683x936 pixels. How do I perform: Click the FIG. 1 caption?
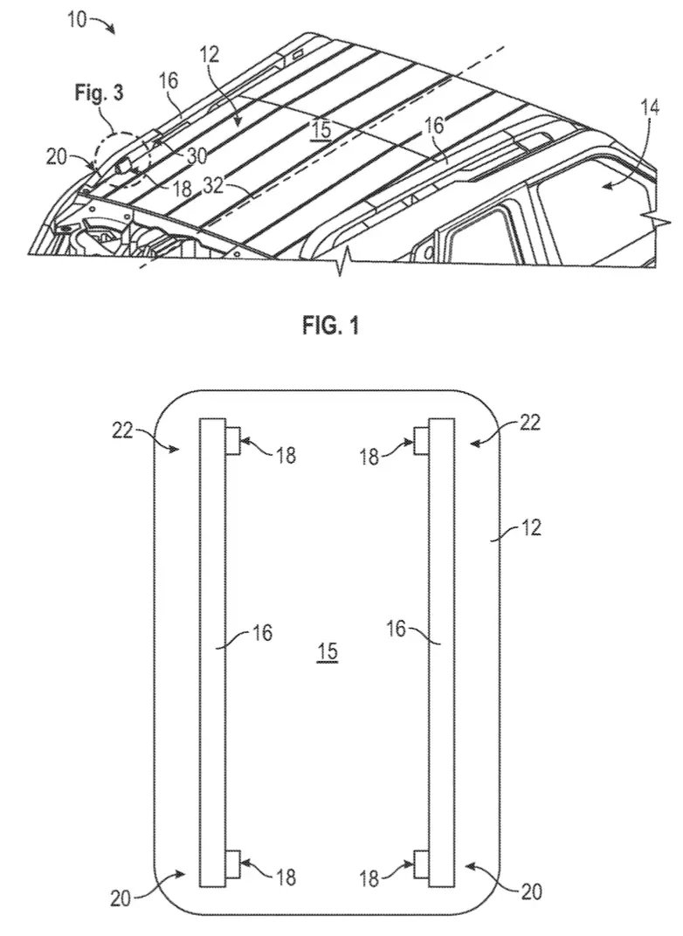pos(330,326)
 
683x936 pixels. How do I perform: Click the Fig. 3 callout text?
pos(99,93)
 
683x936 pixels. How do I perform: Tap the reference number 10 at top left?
pos(77,20)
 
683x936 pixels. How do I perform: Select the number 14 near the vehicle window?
pos(650,108)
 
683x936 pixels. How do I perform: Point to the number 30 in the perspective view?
pos(197,155)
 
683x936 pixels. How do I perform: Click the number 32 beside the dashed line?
pos(212,186)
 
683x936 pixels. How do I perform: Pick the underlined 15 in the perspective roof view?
pos(321,129)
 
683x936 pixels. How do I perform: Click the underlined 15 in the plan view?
pos(328,652)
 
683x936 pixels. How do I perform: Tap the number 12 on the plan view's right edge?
pos(531,527)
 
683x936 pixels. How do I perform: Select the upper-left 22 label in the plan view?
pos(122,430)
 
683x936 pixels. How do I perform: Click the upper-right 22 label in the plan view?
pos(530,423)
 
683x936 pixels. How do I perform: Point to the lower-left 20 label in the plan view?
pos(120,898)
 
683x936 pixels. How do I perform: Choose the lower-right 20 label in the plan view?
pos(531,891)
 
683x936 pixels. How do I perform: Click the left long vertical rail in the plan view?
pos(212,652)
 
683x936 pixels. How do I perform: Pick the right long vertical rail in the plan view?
pos(442,652)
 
